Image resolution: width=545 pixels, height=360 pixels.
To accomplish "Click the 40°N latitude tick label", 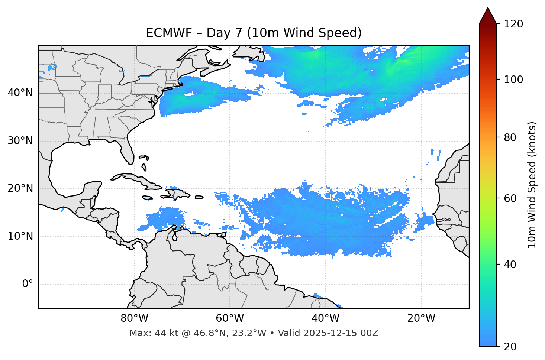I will tap(20, 93).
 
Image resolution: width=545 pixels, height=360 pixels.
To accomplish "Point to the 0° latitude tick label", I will tap(28, 284).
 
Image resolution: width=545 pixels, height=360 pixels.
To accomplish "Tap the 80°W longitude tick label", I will tap(134, 318).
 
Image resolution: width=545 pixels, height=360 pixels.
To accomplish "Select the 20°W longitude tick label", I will tap(421, 318).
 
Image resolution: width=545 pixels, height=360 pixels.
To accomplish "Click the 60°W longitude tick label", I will tap(230, 318).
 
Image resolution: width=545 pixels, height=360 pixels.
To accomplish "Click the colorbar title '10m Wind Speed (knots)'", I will tap(532, 185).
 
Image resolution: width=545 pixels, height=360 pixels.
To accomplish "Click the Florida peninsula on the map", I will tap(127, 150).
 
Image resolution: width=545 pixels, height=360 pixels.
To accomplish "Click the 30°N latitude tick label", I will tap(20, 141).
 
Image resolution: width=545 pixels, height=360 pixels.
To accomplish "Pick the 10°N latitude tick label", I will tap(20, 236).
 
